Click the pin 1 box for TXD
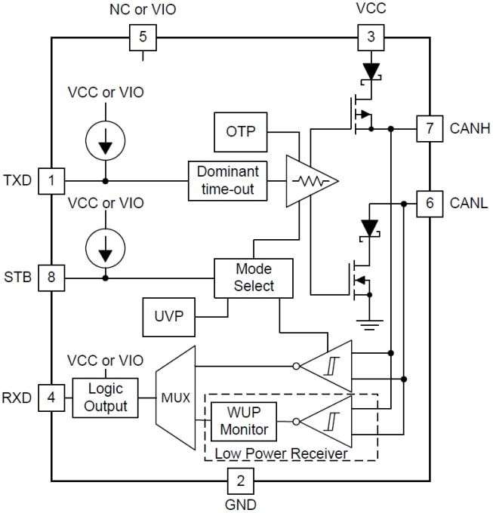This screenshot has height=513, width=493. point(51,181)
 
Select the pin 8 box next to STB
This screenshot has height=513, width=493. point(51,278)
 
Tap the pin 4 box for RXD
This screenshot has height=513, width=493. point(51,397)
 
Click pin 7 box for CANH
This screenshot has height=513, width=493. point(429,128)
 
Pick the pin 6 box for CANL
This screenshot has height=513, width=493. point(429,203)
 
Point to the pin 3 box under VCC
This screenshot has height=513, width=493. point(370,36)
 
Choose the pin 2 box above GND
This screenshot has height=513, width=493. point(240,481)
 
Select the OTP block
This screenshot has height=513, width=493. point(241,132)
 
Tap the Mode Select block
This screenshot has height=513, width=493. point(254,278)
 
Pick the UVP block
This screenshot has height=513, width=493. point(168,316)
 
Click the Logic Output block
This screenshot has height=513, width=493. point(105,397)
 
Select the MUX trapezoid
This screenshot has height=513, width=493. point(175,397)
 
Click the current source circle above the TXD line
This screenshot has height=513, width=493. point(105,138)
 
